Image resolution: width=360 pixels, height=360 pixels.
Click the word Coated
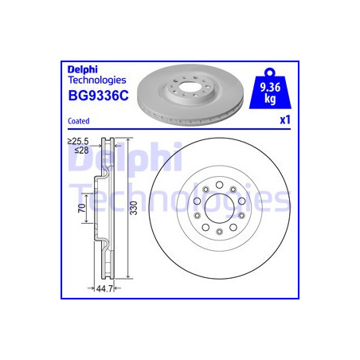[x=78, y=120]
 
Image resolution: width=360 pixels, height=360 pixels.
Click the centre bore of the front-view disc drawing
[x=218, y=209]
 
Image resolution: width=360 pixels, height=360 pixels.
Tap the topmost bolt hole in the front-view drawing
[x=218, y=186]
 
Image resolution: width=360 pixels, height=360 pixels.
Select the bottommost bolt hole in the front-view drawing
[x=218, y=231]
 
